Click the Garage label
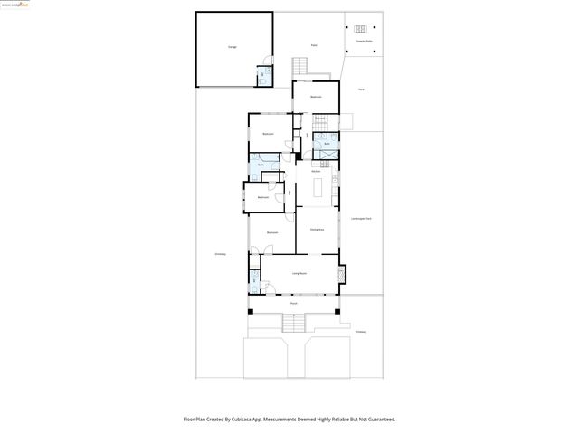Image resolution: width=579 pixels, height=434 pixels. [x=233, y=46]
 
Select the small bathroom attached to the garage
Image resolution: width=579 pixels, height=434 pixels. [x=262, y=76]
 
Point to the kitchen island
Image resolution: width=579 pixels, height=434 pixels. [x=318, y=186]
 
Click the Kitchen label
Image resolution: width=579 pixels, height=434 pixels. [x=317, y=171]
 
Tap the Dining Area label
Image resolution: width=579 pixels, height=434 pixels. [x=317, y=231]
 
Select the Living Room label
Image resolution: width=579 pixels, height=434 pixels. [x=299, y=273]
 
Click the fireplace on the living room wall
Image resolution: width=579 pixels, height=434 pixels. [x=341, y=272]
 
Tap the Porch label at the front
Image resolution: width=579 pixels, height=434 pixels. [x=294, y=304]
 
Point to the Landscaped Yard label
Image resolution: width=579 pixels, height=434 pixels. [x=362, y=219]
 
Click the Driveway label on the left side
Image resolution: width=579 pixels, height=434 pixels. [x=220, y=254]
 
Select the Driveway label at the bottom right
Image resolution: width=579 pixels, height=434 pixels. [x=361, y=332]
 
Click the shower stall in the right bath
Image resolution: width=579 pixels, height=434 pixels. [x=325, y=156]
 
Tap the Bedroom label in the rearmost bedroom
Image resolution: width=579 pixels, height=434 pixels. [x=316, y=97]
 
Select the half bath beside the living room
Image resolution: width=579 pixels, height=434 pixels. [x=255, y=288]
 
